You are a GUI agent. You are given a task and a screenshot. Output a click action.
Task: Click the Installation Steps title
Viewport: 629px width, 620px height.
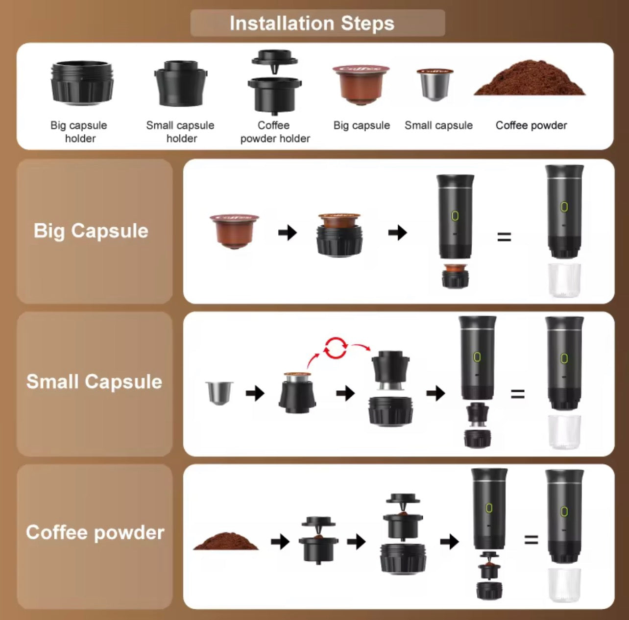click(x=312, y=23)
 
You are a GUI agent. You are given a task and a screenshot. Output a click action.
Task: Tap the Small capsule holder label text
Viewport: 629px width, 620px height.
click(x=180, y=132)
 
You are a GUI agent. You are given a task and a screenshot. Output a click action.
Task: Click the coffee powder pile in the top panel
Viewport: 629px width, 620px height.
click(x=530, y=79)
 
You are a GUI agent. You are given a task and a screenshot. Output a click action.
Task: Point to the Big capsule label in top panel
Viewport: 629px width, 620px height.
click(x=362, y=125)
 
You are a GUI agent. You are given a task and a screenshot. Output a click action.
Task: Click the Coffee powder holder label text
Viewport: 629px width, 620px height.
click(x=275, y=132)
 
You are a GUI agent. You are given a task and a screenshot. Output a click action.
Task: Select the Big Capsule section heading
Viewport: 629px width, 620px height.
click(x=91, y=231)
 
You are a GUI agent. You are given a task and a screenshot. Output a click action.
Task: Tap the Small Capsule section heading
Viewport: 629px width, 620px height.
click(x=94, y=382)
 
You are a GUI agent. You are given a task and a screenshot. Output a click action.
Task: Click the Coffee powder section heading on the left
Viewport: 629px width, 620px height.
click(x=95, y=532)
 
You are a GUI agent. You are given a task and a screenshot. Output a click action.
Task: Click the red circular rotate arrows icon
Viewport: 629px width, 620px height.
click(x=336, y=348)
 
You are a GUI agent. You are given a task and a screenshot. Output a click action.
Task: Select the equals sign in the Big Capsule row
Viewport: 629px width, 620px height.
click(x=504, y=238)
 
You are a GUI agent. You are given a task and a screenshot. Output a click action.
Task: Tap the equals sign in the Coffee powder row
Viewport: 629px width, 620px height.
click(x=531, y=540)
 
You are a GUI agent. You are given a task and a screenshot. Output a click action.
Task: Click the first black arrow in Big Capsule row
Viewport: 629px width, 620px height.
click(x=288, y=232)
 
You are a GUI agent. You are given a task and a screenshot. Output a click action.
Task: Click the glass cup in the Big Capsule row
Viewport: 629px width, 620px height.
click(x=564, y=280)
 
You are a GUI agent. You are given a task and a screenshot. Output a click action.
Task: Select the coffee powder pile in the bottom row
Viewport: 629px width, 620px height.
click(x=226, y=542)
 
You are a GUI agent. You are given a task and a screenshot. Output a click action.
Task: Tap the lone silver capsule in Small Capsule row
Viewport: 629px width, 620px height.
click(x=219, y=392)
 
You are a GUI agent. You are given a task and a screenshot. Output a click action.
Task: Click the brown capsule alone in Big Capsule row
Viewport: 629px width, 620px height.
click(x=235, y=231)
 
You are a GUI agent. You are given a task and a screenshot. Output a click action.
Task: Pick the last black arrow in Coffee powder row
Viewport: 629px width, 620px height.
click(x=449, y=541)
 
